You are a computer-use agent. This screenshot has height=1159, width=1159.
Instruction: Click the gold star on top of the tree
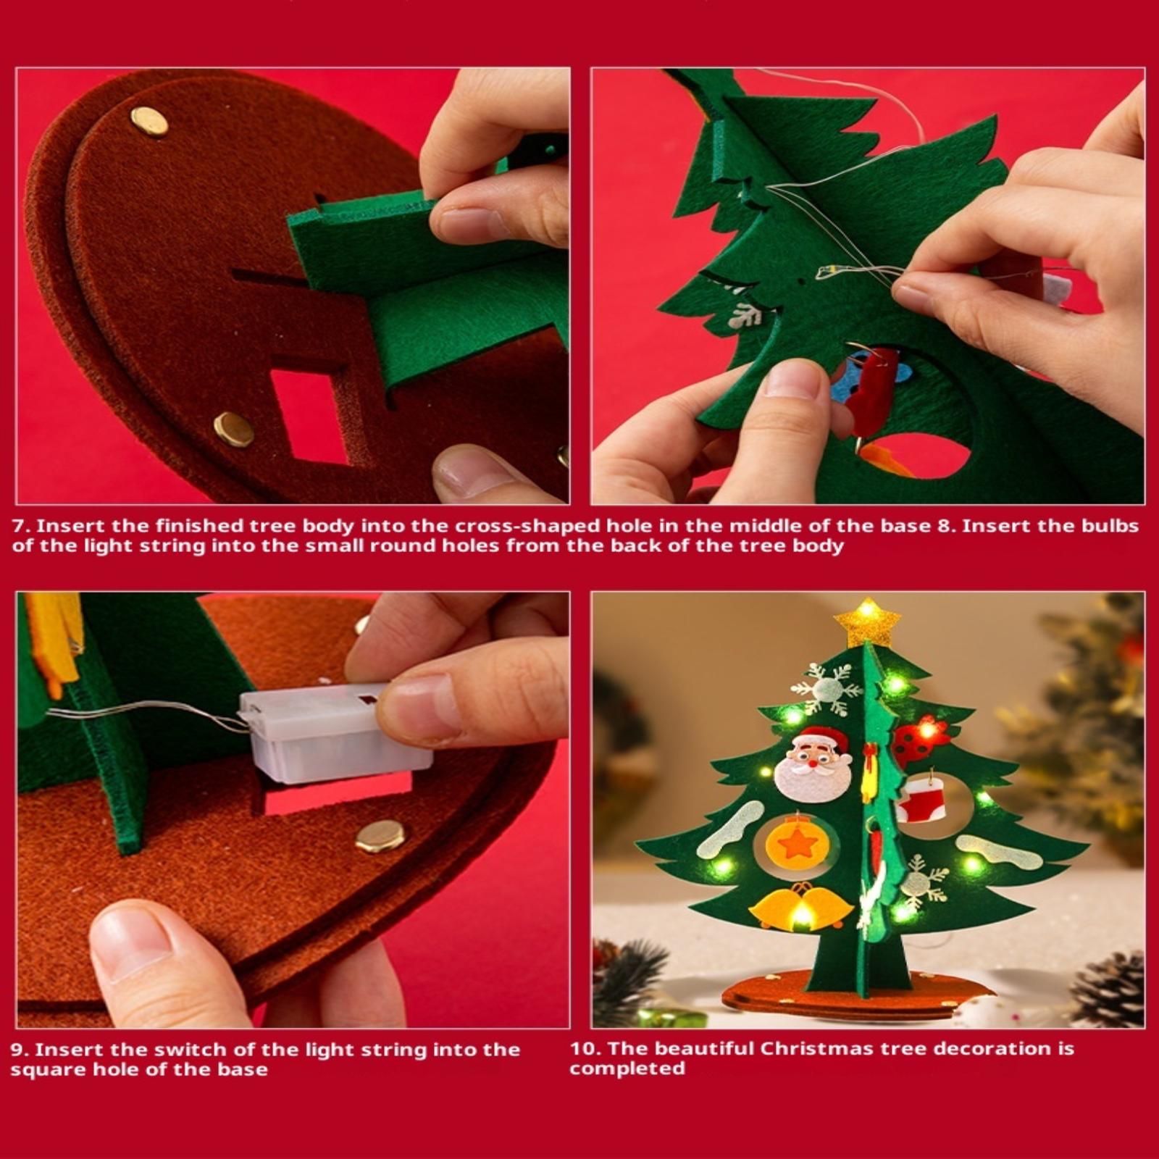866,622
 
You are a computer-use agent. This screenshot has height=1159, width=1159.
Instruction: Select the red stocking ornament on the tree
922,799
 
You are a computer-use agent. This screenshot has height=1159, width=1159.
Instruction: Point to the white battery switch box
335,733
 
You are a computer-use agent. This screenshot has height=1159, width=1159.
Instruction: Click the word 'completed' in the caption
627,1069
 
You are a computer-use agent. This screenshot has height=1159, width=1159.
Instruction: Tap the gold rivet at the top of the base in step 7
149,121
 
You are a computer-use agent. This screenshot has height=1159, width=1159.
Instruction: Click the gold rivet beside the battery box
380,836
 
